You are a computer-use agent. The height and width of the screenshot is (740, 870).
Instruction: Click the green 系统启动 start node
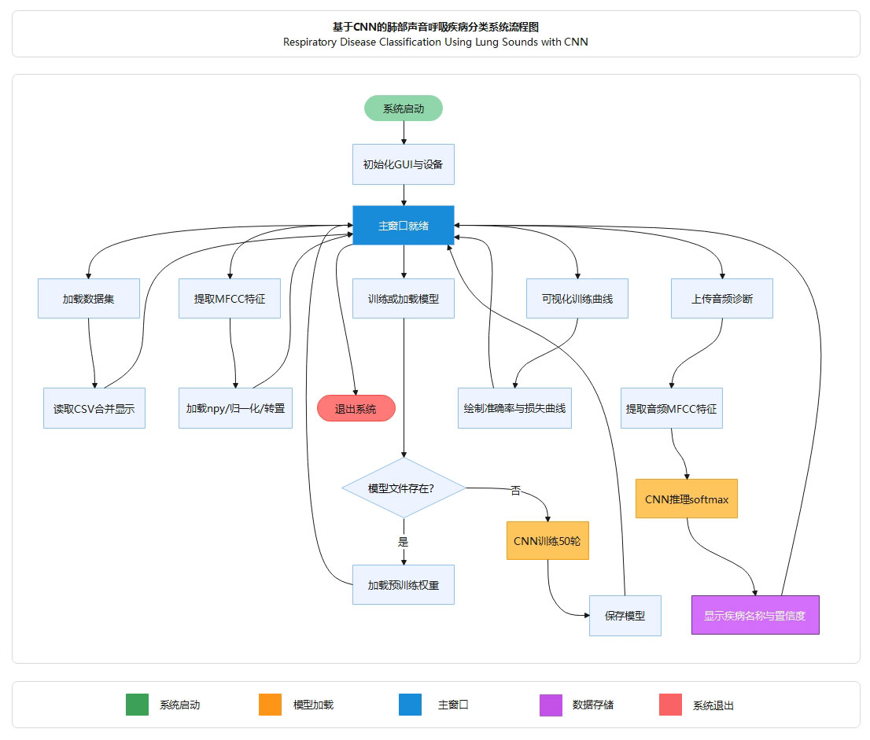pyautogui.click(x=404, y=109)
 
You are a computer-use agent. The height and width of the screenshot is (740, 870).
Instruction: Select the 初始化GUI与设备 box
pyautogui.click(x=404, y=164)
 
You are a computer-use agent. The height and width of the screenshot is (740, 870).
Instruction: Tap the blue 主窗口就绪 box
pyautogui.click(x=404, y=226)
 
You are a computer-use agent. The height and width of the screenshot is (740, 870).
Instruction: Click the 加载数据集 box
pyautogui.click(x=89, y=299)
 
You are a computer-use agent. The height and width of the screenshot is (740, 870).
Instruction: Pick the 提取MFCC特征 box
pyautogui.click(x=230, y=299)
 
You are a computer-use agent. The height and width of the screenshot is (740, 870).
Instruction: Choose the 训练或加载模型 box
pyautogui.click(x=404, y=299)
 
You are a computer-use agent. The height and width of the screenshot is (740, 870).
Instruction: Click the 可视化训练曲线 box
pyautogui.click(x=577, y=299)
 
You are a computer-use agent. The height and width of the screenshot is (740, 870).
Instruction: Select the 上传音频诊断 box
pyautogui.click(x=722, y=299)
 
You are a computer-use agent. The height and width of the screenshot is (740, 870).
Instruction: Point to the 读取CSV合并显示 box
pyautogui.click(x=94, y=409)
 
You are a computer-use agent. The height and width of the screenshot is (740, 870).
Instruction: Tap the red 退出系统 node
pyautogui.click(x=356, y=409)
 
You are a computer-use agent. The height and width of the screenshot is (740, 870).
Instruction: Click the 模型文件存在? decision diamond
pyautogui.click(x=404, y=488)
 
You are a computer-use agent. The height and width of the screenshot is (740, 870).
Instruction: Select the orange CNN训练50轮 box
pyautogui.click(x=547, y=540)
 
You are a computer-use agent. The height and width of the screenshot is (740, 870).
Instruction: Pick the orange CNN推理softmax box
pyautogui.click(x=687, y=499)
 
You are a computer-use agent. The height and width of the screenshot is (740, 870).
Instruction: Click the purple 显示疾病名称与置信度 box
pyautogui.click(x=755, y=615)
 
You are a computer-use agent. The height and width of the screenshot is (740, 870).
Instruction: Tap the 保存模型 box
pyautogui.click(x=625, y=615)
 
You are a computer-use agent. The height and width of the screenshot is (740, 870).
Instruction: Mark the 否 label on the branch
pyautogui.click(x=516, y=491)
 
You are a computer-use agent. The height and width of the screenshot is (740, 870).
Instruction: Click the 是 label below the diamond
pyautogui.click(x=404, y=542)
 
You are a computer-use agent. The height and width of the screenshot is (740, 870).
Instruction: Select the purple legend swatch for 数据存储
pyautogui.click(x=551, y=705)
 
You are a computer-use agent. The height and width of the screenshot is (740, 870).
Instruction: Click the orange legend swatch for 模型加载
pyautogui.click(x=270, y=705)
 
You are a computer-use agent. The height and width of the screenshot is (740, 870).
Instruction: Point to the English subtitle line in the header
pyautogui.click(x=436, y=42)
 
